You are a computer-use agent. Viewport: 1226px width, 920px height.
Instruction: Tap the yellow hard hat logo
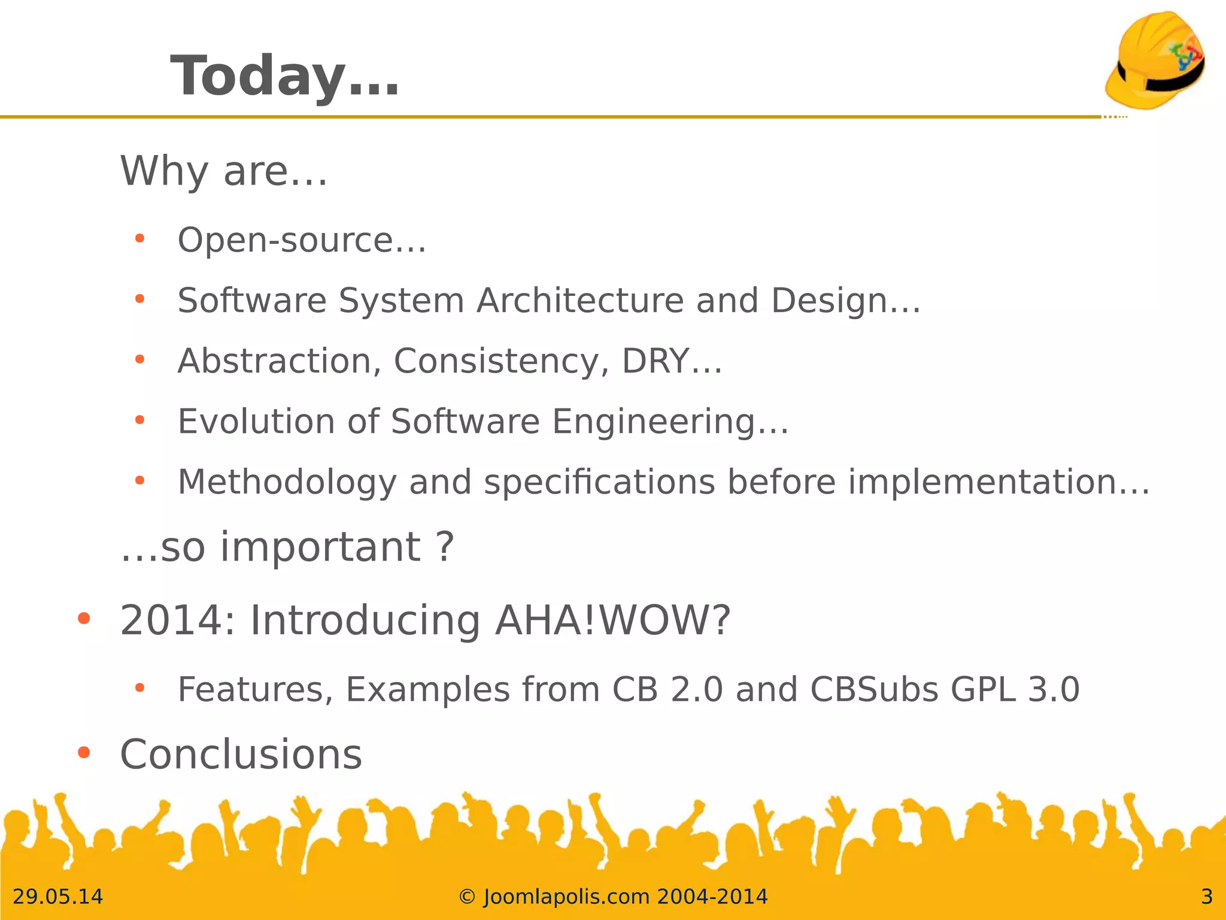click(1155, 60)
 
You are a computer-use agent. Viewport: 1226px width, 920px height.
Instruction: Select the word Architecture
click(579, 300)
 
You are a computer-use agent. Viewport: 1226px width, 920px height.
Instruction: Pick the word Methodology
click(287, 482)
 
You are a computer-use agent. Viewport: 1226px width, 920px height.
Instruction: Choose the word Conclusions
click(241, 754)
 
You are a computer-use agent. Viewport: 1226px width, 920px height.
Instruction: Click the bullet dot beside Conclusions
click(84, 752)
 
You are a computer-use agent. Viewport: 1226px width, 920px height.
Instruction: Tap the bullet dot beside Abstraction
click(140, 359)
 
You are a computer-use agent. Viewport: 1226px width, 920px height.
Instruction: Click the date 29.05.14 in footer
click(58, 897)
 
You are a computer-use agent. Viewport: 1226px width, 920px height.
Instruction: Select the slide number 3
click(1206, 897)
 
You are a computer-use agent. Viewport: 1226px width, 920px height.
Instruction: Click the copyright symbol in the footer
click(467, 897)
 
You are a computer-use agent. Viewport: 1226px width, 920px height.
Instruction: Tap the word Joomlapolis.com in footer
click(566, 897)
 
